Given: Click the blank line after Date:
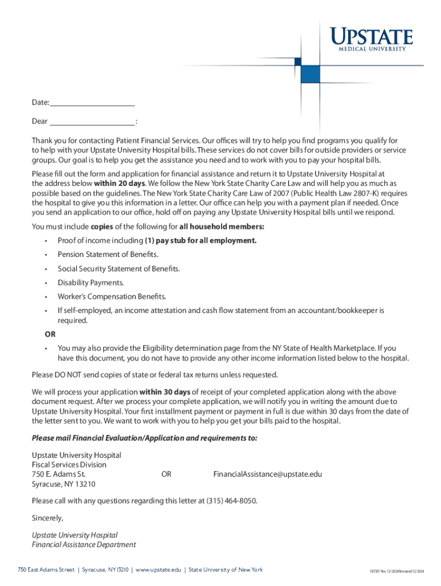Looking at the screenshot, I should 92,103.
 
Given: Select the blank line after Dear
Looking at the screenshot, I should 92,122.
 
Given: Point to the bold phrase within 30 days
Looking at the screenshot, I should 165,392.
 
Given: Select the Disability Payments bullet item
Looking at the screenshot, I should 90,283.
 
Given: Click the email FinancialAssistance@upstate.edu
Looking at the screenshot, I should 267,474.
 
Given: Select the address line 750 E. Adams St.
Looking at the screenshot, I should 58,474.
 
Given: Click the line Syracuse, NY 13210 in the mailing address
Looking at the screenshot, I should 64,484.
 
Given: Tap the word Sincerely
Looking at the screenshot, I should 48,518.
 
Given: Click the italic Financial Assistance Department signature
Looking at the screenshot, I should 84,545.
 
